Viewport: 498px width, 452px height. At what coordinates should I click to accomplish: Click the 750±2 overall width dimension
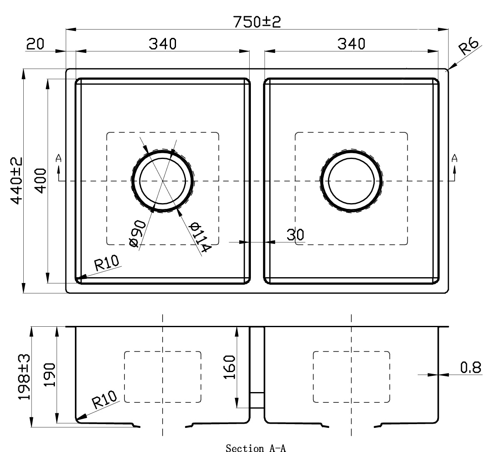point(257,22)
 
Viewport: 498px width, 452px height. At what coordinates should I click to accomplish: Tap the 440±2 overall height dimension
point(17,180)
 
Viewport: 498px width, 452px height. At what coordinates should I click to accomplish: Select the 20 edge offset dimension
point(35,44)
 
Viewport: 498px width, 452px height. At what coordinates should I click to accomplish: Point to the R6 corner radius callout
point(468,46)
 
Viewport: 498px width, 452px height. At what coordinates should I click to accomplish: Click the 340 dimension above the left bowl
point(162,44)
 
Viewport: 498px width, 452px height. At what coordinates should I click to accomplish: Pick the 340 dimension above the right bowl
point(351,44)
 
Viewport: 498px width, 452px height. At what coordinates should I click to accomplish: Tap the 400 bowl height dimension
point(41,180)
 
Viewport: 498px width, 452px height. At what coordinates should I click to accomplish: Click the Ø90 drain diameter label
point(138,233)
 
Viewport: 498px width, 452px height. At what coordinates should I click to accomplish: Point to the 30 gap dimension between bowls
point(295,235)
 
